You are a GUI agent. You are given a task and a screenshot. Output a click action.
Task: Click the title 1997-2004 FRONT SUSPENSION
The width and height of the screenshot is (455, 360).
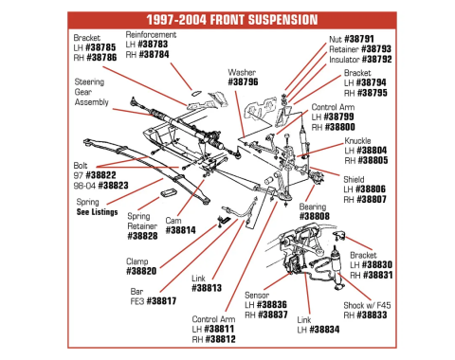tap(228, 18)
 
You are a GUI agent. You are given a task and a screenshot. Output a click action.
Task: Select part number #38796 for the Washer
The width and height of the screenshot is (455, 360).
tap(244, 82)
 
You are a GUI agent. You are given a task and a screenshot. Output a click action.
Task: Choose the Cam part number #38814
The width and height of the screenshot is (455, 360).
tap(180, 229)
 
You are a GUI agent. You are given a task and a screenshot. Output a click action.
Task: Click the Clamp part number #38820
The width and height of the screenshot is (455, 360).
tap(142, 271)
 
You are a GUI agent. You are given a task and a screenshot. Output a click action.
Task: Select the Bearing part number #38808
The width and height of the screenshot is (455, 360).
tap(314, 217)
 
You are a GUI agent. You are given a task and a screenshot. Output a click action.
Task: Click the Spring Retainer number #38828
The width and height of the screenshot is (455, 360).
tap(142, 236)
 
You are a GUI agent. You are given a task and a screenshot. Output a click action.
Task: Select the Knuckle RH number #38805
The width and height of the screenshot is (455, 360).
tap(369, 160)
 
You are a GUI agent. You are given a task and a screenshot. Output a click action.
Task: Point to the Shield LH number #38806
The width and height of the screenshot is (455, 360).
tap(369, 189)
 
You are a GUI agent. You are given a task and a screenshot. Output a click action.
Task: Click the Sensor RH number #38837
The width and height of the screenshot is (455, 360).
tap(271, 315)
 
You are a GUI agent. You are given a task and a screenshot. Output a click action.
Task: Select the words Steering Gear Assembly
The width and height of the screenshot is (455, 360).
tap(90, 92)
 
